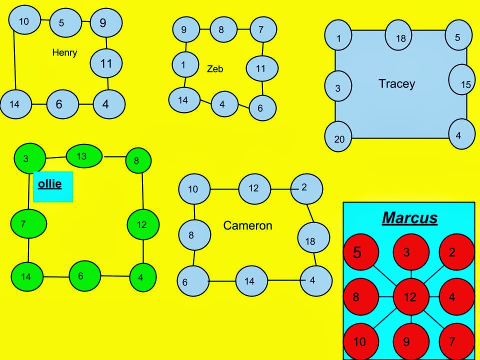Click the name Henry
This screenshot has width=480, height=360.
click(x=64, y=52)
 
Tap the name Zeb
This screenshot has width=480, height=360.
click(x=215, y=69)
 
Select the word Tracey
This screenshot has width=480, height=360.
click(x=396, y=83)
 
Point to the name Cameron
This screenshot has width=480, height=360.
click(x=247, y=225)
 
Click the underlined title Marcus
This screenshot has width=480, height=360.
click(x=409, y=218)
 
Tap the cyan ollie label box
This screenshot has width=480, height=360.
click(x=52, y=186)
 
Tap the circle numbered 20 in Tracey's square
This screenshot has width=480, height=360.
click(x=340, y=137)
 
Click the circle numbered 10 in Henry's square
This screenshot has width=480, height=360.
click(x=24, y=21)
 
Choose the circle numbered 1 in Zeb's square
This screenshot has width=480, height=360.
click(x=184, y=65)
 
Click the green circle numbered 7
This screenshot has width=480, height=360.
click(x=28, y=224)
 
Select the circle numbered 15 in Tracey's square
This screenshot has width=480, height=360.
click(x=463, y=82)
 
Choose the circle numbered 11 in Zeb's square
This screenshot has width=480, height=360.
click(x=260, y=69)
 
